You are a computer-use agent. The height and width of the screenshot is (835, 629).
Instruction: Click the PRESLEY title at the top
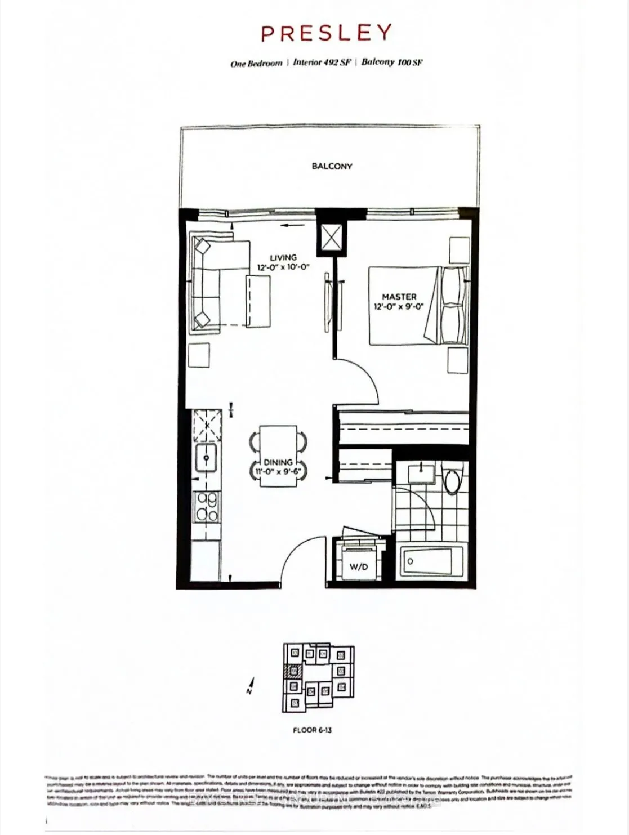tap(325, 34)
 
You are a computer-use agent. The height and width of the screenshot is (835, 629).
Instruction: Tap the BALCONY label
tap(332, 166)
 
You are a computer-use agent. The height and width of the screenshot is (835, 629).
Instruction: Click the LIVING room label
tap(283, 258)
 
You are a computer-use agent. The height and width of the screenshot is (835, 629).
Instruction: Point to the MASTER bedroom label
tap(399, 296)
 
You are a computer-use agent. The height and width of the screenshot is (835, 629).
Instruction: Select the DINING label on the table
tap(278, 462)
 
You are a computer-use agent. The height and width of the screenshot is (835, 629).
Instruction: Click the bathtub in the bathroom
tap(431, 561)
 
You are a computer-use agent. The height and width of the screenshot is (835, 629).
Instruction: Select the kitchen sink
tap(207, 457)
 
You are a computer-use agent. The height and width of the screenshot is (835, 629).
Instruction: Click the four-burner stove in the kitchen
tap(207, 506)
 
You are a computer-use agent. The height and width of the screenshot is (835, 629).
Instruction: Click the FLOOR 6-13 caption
tap(313, 730)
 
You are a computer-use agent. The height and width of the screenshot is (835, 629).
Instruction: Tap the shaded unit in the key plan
tap(293, 671)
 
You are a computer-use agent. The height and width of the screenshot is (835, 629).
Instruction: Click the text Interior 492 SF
tap(322, 62)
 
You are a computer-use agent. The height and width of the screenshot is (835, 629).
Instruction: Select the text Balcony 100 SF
tap(392, 62)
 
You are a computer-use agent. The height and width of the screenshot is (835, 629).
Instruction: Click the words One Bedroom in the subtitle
tap(256, 64)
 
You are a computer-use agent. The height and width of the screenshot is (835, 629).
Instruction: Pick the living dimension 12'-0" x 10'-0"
tap(284, 268)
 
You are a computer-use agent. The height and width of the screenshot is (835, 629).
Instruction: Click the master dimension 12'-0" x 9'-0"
tap(399, 307)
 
